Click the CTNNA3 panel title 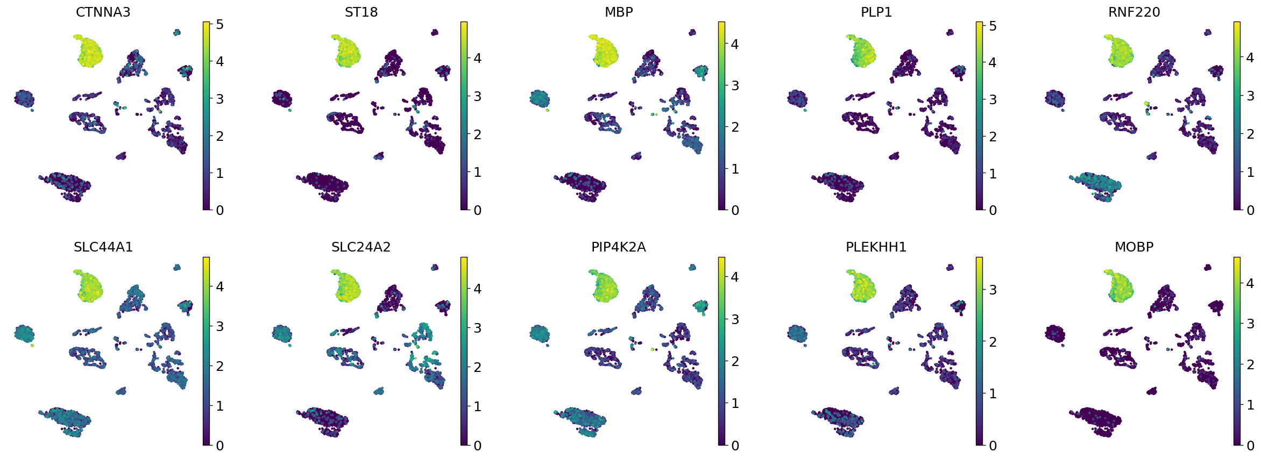[x=103, y=12]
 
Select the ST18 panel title [x=361, y=12]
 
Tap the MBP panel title [x=619, y=12]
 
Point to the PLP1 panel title [x=876, y=12]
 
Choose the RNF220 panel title [x=1134, y=12]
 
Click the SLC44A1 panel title [x=103, y=247]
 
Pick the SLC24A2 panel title [x=361, y=247]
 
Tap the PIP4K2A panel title [x=619, y=247]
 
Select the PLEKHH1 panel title [x=876, y=247]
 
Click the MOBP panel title [x=1134, y=247]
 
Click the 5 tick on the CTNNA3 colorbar [x=219, y=25]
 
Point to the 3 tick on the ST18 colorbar [x=477, y=97]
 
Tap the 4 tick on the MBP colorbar [x=735, y=44]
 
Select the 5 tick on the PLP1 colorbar [x=993, y=26]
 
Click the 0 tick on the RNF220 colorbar [x=1250, y=210]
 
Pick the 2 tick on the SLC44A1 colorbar [x=219, y=366]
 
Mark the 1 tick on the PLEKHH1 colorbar [x=993, y=393]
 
